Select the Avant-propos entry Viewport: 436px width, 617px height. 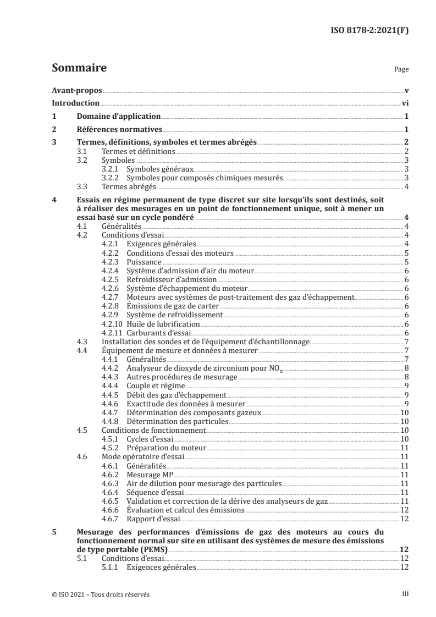click(x=77, y=90)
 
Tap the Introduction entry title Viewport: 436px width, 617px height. click(x=75, y=103)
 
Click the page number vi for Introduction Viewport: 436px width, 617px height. click(x=405, y=103)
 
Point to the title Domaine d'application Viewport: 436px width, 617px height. click(x=118, y=117)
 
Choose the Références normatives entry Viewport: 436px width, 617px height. click(x=119, y=130)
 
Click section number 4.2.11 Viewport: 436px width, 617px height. click(x=113, y=333)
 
